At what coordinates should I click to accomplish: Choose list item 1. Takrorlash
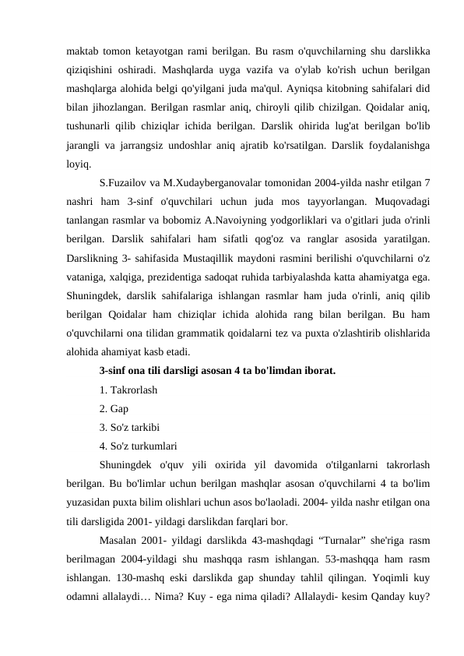pos(128,390)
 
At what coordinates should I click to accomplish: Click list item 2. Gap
pos(114,409)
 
